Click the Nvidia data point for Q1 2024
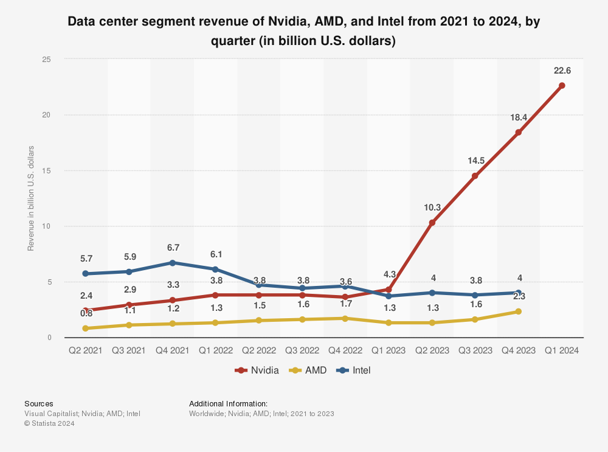[x=562, y=86]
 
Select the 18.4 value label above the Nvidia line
[x=519, y=116]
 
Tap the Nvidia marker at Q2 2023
[x=432, y=223]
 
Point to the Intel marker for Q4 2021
[x=172, y=263]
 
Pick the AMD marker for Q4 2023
[x=518, y=311]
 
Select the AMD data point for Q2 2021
[x=86, y=329]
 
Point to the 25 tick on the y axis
[x=46, y=59]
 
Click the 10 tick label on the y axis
[x=46, y=226]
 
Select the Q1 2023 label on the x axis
[x=388, y=350]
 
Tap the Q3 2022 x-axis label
[x=302, y=350]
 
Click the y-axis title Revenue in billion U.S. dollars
[x=31, y=198]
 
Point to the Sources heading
[x=38, y=403]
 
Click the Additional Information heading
[x=228, y=403]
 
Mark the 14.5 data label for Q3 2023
[x=475, y=161]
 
